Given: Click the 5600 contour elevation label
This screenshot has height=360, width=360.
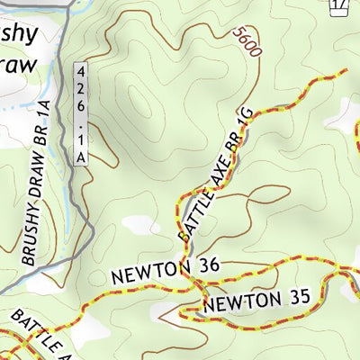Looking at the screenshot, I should (246, 43).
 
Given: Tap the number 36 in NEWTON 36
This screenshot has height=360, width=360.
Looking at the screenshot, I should (204, 267).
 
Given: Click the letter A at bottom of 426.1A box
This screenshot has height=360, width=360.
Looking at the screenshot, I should (81, 157).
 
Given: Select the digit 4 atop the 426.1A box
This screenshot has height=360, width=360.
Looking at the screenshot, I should (81, 70).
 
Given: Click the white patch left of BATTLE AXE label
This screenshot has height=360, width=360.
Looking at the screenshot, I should (137, 222).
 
